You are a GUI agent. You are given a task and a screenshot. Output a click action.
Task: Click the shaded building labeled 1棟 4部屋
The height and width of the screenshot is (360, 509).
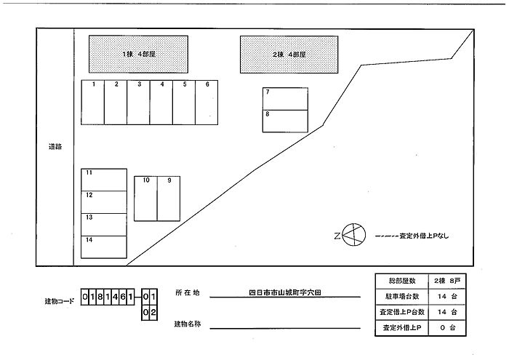pyautogui.click(x=138, y=55)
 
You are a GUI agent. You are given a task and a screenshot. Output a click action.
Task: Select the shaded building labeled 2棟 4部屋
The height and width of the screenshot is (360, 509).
pyautogui.click(x=289, y=55)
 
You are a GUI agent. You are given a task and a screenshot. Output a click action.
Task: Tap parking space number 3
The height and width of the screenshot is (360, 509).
pyautogui.click(x=138, y=103)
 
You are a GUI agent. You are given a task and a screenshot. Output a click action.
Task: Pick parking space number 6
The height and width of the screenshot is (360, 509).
pyautogui.click(x=207, y=103)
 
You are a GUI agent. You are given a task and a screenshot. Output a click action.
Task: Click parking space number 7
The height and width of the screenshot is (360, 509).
pyautogui.click(x=285, y=99)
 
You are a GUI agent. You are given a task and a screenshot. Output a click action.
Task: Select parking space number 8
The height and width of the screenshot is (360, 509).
pyautogui.click(x=285, y=121)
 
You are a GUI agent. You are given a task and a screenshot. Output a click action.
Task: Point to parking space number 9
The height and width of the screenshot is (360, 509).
pyautogui.click(x=169, y=199)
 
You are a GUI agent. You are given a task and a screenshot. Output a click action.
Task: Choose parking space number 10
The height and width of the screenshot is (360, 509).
pyautogui.click(x=145, y=199)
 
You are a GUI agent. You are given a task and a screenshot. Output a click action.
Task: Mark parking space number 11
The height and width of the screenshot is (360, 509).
pyautogui.click(x=104, y=180)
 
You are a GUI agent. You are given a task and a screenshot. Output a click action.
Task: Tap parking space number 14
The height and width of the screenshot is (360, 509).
pyautogui.click(x=104, y=247)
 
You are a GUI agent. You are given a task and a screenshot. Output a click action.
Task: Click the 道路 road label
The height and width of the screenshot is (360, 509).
pyautogui.click(x=55, y=147)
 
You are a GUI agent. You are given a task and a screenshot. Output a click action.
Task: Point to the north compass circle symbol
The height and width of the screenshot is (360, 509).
pyautogui.click(x=354, y=235)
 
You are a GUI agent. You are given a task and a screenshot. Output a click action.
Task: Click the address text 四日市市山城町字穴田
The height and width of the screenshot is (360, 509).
pyautogui.click(x=285, y=292)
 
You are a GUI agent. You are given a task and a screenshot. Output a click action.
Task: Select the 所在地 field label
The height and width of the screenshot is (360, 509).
pyautogui.click(x=188, y=292)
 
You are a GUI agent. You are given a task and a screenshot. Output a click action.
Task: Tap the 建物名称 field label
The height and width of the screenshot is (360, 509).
pyautogui.click(x=188, y=324)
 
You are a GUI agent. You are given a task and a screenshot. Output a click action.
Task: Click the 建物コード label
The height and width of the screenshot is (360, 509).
pyautogui.click(x=60, y=301)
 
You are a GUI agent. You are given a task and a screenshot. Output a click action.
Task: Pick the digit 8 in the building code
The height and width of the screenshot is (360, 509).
pyautogui.click(x=100, y=297)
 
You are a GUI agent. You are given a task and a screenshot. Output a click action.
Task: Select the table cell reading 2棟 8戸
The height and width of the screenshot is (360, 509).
pyautogui.click(x=447, y=281)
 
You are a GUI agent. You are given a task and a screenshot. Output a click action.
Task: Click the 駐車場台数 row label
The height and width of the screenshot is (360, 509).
pyautogui.click(x=402, y=297)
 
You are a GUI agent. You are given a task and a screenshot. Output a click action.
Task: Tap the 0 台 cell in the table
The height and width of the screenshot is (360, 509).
pyautogui.click(x=447, y=328)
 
